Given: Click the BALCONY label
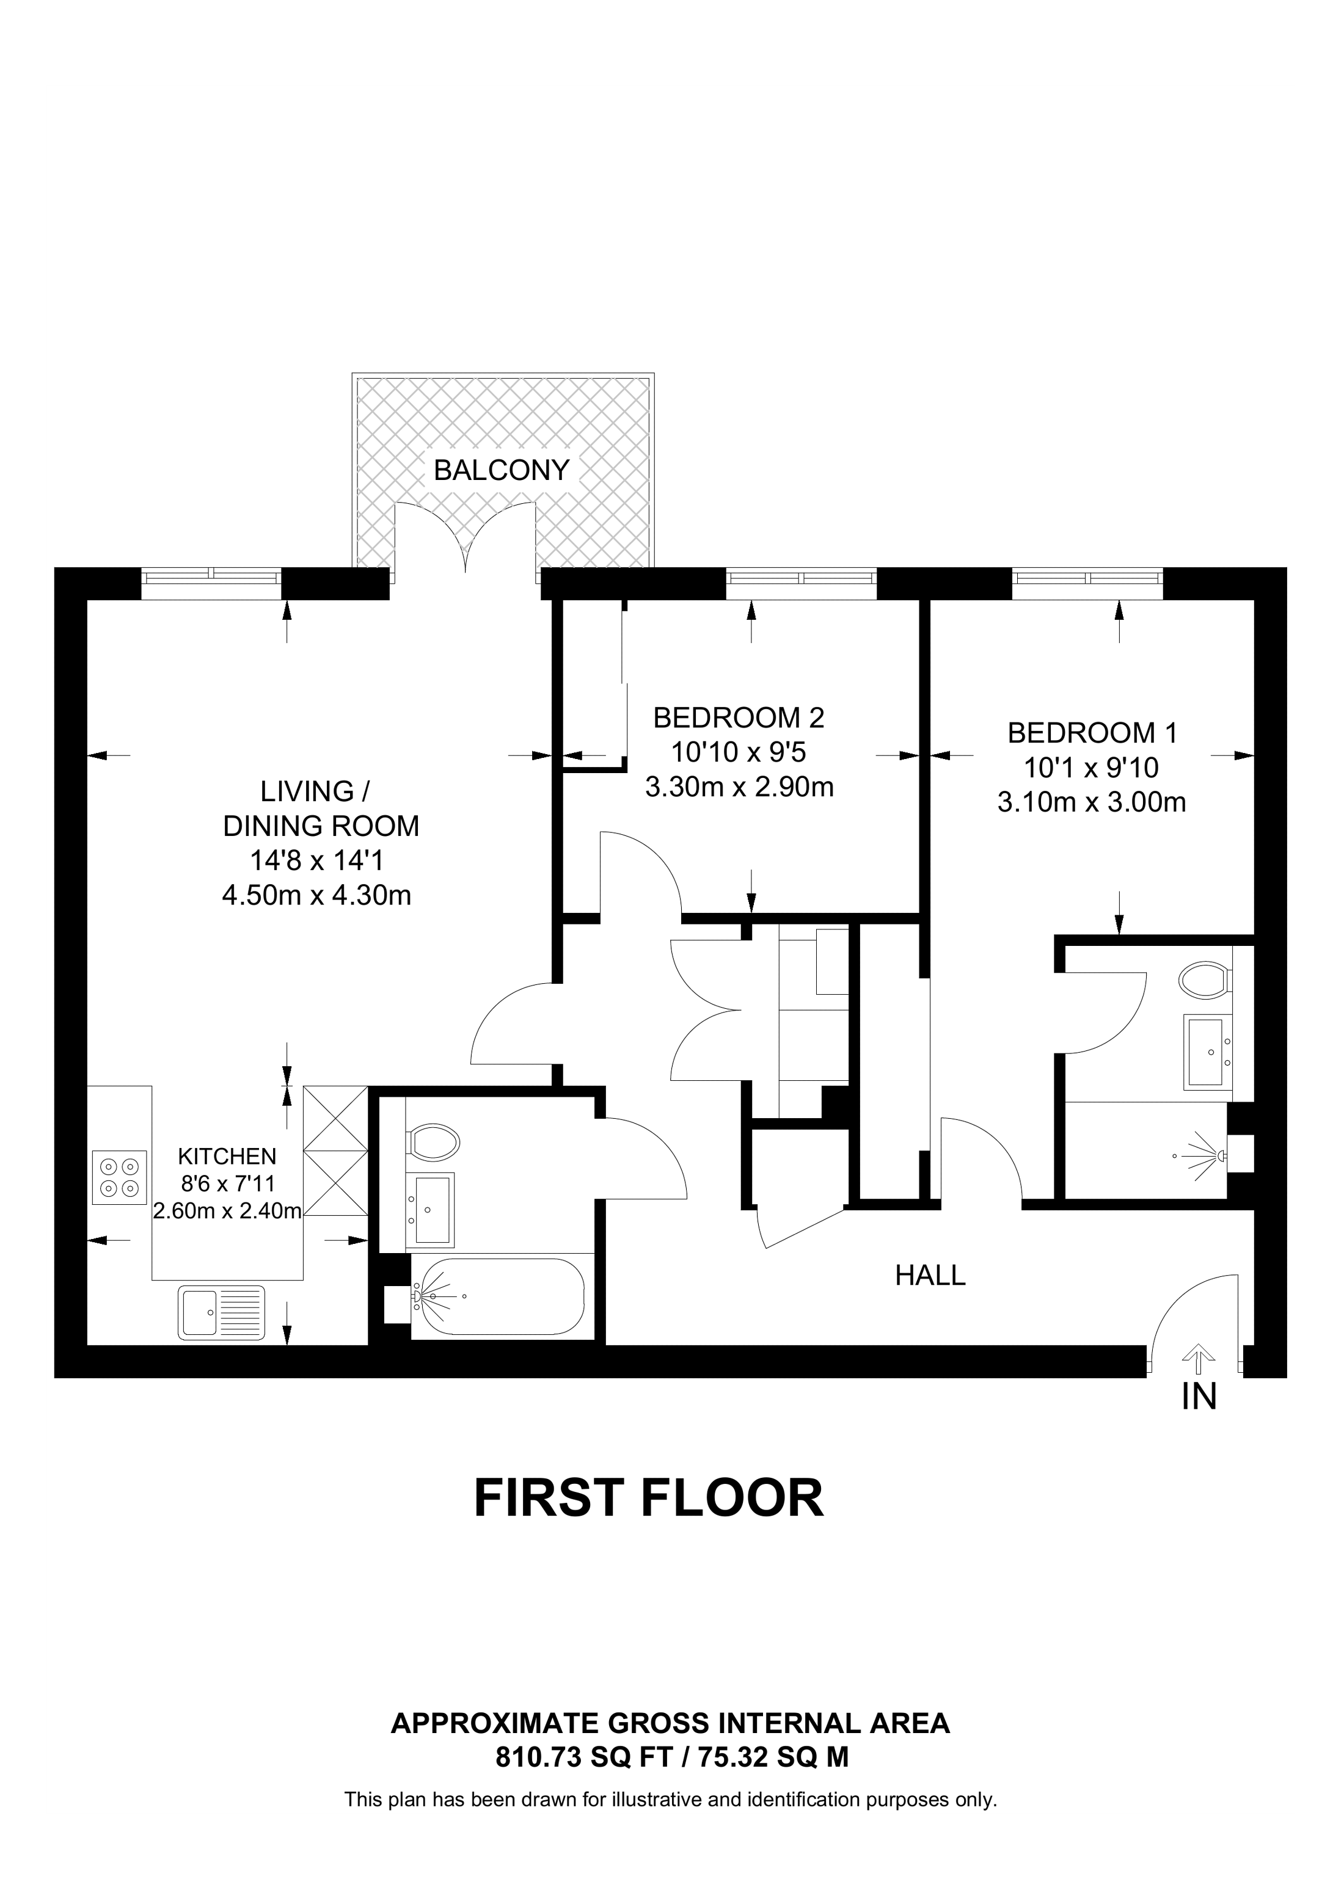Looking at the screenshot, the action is (x=502, y=470).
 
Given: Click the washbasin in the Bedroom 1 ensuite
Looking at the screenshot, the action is (x=1208, y=1052).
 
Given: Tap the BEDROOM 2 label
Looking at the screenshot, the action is (x=739, y=718).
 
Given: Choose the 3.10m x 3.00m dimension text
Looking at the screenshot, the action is (x=1092, y=802).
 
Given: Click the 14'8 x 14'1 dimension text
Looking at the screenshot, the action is (x=317, y=861).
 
